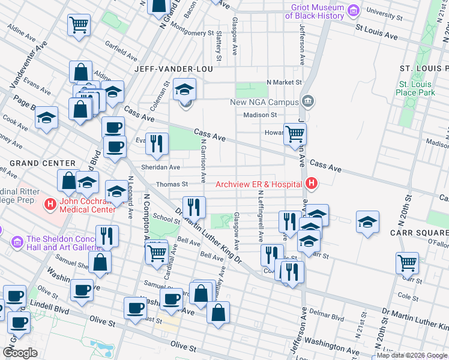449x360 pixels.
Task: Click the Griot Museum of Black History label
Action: point(317,11)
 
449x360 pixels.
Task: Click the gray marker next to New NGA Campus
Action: point(307,101)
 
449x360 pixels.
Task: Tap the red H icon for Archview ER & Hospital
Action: point(311,183)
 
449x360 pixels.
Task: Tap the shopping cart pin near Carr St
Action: point(407,263)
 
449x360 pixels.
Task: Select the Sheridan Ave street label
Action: point(160,167)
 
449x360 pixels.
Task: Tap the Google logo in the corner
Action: point(20,353)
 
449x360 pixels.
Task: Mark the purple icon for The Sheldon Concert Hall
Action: point(16,242)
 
